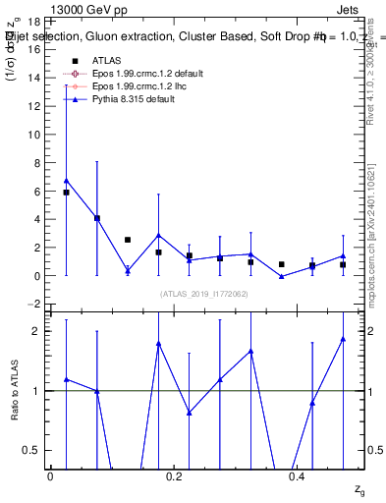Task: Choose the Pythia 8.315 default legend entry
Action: pos(133,99)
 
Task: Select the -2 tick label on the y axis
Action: pos(33,305)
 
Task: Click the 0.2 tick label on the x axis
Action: pos(174,476)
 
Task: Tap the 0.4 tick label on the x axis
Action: pos(298,476)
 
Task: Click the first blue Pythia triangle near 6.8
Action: pos(66,180)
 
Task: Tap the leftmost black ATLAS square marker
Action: pos(66,193)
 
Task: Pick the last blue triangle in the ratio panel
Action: pos(343,339)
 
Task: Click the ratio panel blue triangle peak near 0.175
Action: pos(158,344)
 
